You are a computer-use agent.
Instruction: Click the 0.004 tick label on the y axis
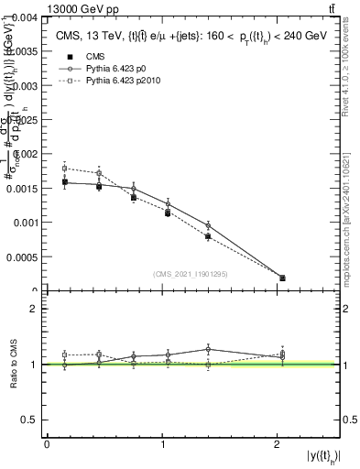[23, 17]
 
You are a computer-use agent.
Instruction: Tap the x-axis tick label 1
[162, 444]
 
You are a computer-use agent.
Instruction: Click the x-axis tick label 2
[278, 444]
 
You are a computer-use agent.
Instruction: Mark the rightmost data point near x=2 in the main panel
[282, 278]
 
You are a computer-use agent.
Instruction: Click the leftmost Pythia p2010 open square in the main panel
[64, 168]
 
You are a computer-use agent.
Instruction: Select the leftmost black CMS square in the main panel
[64, 182]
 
